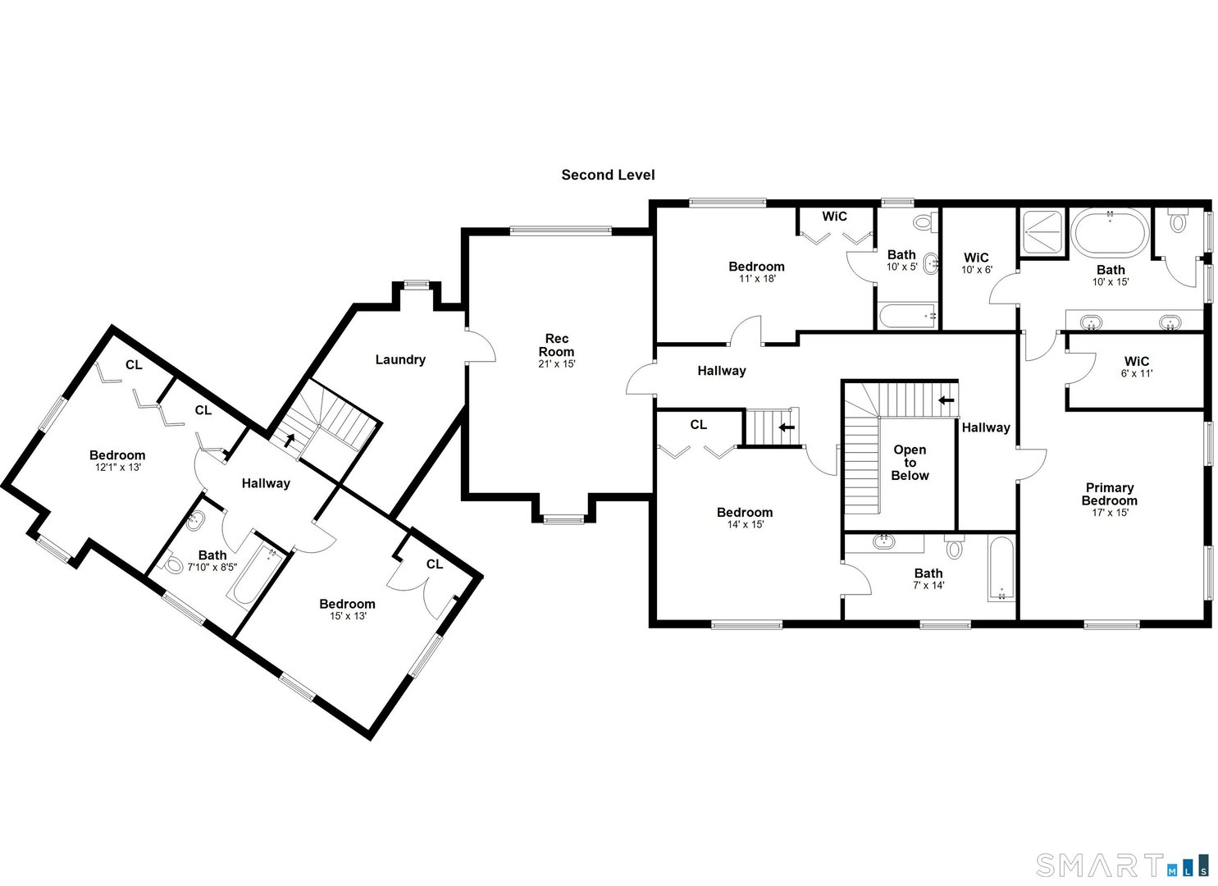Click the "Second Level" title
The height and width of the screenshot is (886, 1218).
click(x=608, y=175)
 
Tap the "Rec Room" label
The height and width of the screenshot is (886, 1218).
click(x=556, y=345)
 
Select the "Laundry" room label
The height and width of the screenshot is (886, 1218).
click(x=400, y=359)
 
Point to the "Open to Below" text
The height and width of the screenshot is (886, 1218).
click(x=910, y=463)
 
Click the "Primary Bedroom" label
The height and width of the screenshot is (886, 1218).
click(x=1109, y=494)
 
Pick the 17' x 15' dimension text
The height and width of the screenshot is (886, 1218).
click(x=1109, y=513)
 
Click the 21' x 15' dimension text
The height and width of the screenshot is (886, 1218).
click(x=556, y=363)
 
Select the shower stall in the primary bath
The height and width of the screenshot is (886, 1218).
click(x=1042, y=232)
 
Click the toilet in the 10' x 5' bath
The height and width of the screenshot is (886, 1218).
click(x=924, y=221)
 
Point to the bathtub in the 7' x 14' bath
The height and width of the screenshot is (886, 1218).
click(x=1001, y=570)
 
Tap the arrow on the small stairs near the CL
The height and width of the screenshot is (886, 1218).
click(x=787, y=427)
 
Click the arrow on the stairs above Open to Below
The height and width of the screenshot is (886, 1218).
click(x=947, y=400)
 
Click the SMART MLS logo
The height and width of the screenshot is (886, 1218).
click(x=1121, y=865)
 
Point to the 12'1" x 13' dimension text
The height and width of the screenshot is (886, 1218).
click(x=117, y=468)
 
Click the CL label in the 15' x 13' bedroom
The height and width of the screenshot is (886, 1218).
click(x=434, y=564)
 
